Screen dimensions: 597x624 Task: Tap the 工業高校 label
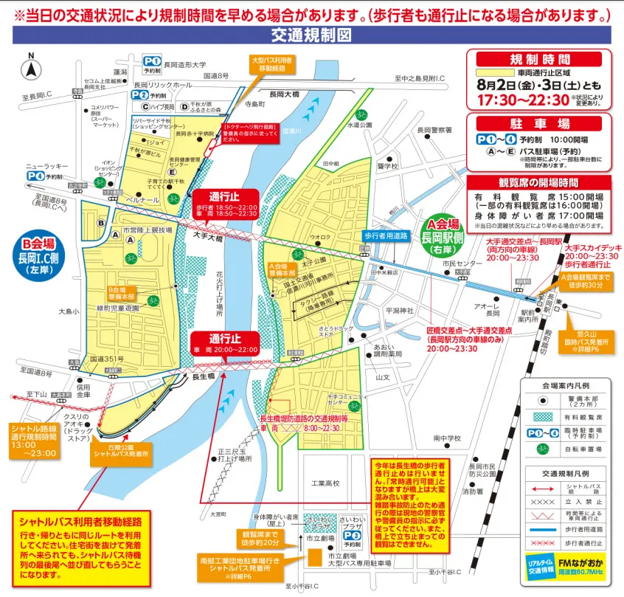click(325, 483)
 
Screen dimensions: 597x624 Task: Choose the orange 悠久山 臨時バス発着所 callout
click(594, 334)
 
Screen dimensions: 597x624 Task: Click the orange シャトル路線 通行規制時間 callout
click(41, 441)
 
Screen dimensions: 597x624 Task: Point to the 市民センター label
click(458, 263)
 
